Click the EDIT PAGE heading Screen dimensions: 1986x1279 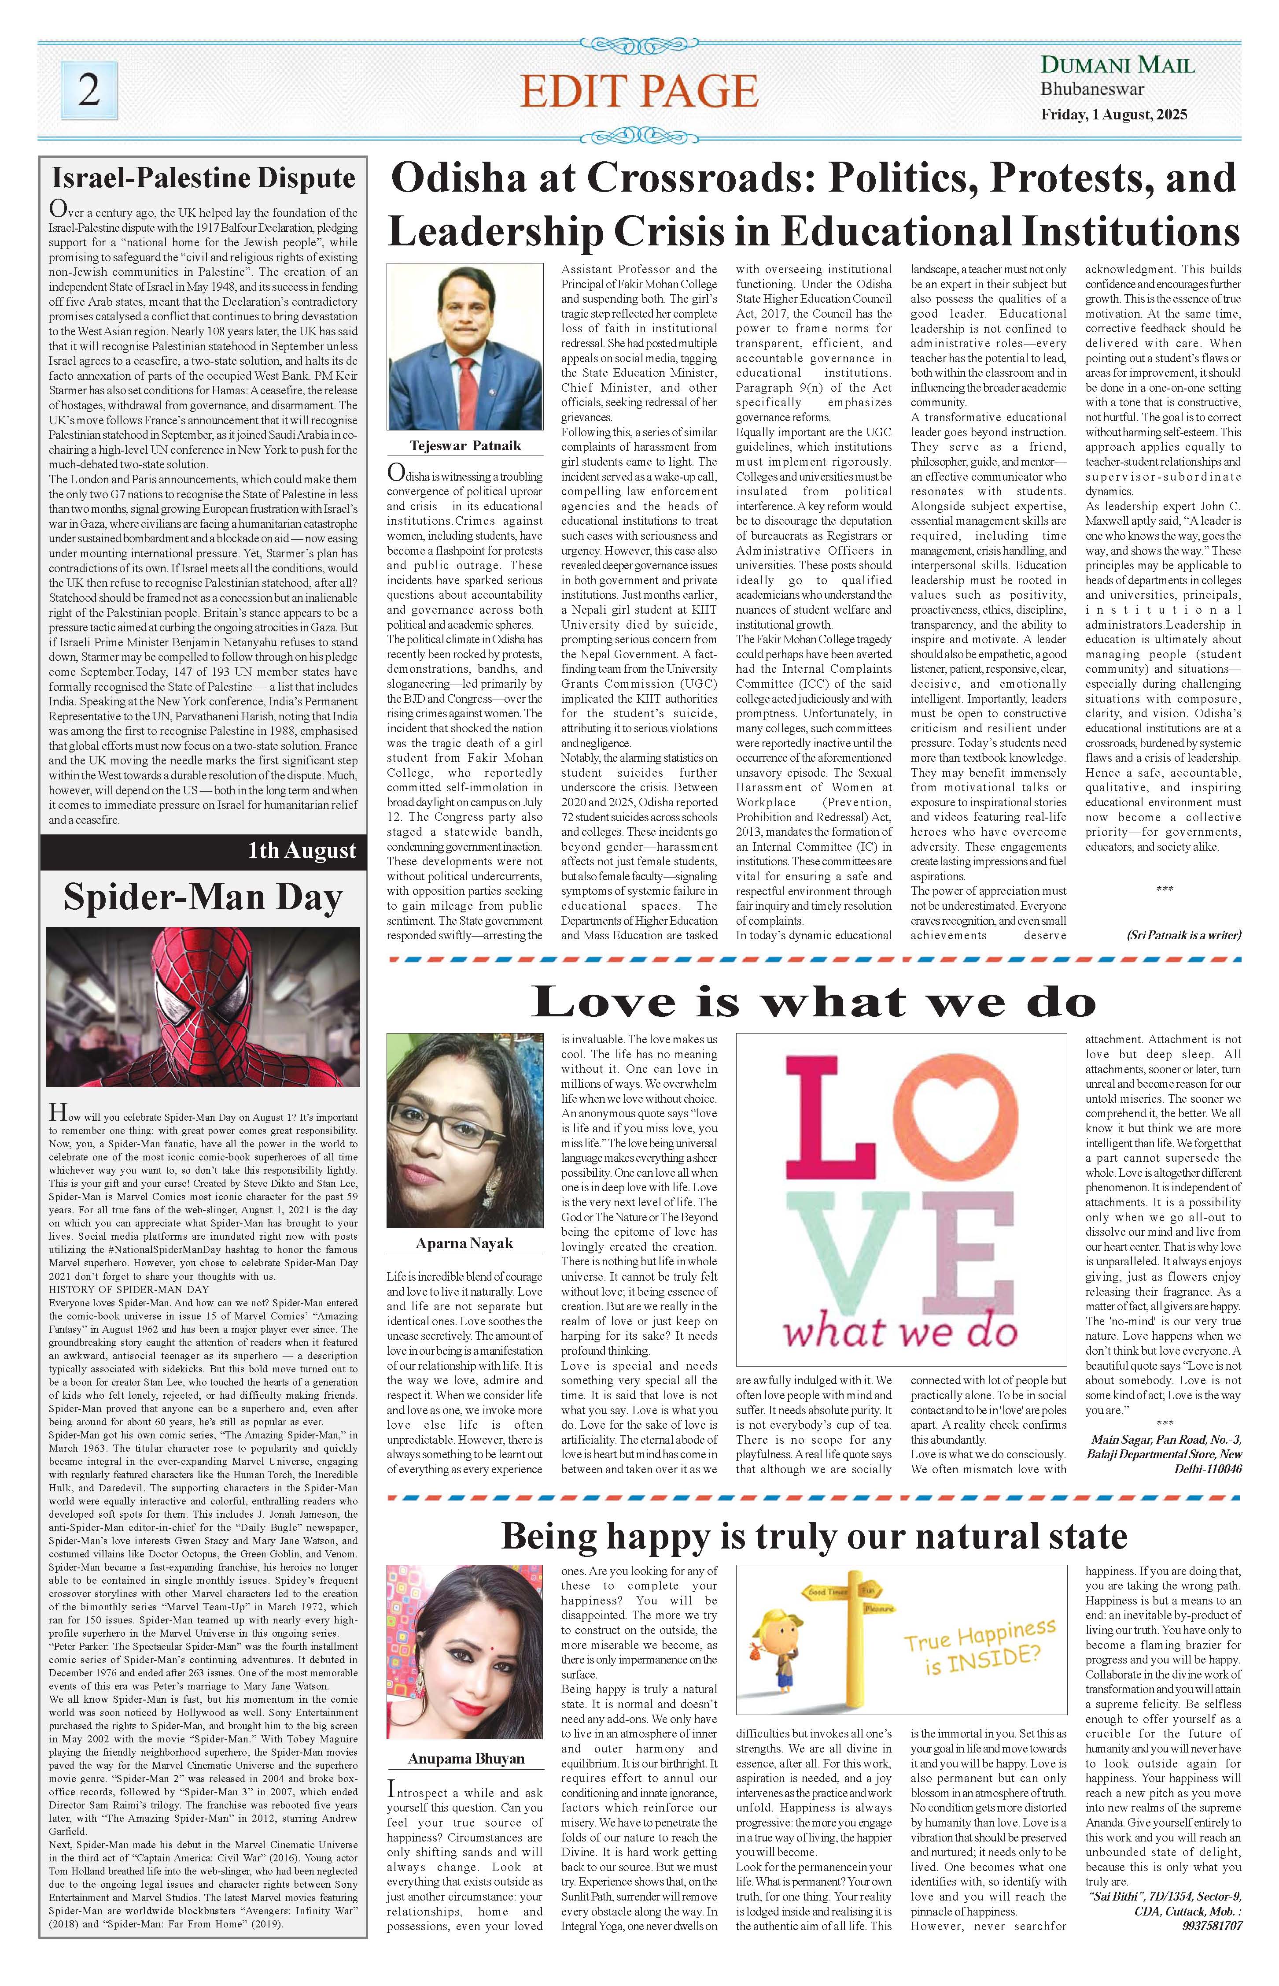click(x=639, y=91)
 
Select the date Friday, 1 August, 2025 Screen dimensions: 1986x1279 click(x=1114, y=115)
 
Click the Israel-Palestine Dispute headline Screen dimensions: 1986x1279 click(x=203, y=178)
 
